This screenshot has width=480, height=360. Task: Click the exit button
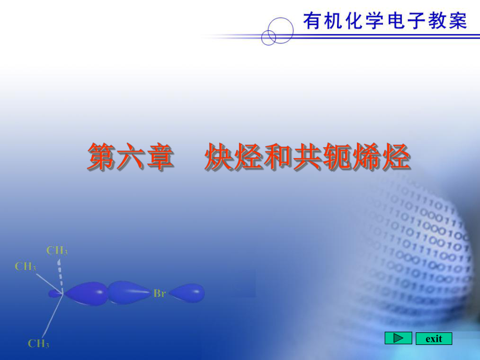[x=434, y=339]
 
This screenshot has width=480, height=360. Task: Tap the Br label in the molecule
[x=160, y=294]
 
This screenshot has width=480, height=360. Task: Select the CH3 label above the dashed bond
[x=57, y=250]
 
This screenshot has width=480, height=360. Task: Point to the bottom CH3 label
[x=39, y=343]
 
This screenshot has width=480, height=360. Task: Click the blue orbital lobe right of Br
[x=187, y=293]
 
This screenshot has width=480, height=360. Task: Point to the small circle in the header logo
[x=268, y=37]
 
